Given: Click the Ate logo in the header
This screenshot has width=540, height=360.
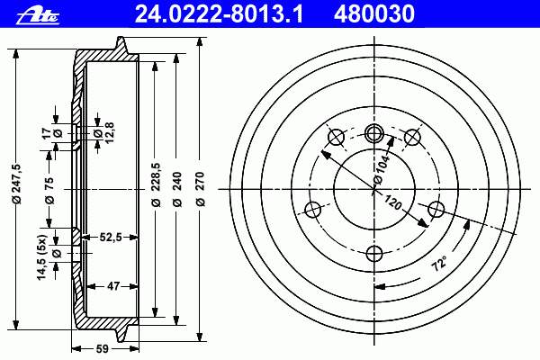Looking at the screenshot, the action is click(x=38, y=16).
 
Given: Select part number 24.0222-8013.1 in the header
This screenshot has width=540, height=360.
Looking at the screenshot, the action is click(x=219, y=14).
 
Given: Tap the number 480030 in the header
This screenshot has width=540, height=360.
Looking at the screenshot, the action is click(x=374, y=14).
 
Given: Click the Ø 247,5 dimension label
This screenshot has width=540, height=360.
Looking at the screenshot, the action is click(x=17, y=184).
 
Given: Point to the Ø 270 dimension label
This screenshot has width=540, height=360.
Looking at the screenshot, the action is click(x=200, y=189).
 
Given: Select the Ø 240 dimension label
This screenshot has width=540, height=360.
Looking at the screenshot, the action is click(x=177, y=189).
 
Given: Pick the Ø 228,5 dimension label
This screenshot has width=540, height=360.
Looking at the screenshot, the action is click(x=156, y=184).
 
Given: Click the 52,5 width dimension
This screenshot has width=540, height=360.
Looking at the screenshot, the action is click(x=111, y=237).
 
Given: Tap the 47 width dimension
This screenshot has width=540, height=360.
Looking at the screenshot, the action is click(x=113, y=286).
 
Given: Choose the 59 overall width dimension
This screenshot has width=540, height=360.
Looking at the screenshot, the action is click(x=103, y=349).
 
